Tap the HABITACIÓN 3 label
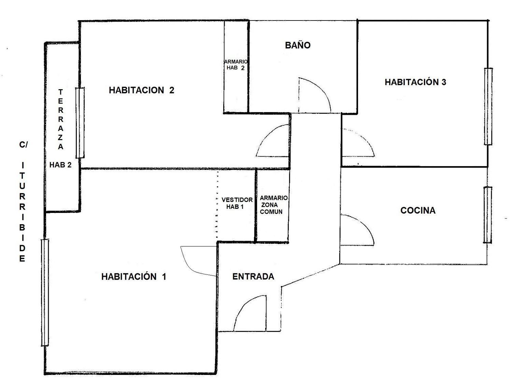pyautogui.click(x=415, y=82)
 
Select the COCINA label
pyautogui.click(x=418, y=210)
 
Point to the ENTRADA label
pyautogui.click(x=253, y=276)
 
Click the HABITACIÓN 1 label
pyautogui.click(x=134, y=277)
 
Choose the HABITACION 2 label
pyautogui.click(x=142, y=90)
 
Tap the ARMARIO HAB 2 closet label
pyautogui.click(x=236, y=65)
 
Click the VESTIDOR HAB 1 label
pyautogui.click(x=237, y=203)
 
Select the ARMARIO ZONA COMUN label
pyautogui.click(x=273, y=205)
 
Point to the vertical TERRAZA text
pyautogui.click(x=60, y=119)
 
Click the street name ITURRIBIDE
pyautogui.click(x=22, y=212)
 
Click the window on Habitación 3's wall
pyautogui.click(x=488, y=106)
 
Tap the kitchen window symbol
pyautogui.click(x=488, y=215)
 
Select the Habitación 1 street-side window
pyautogui.click(x=45, y=292)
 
